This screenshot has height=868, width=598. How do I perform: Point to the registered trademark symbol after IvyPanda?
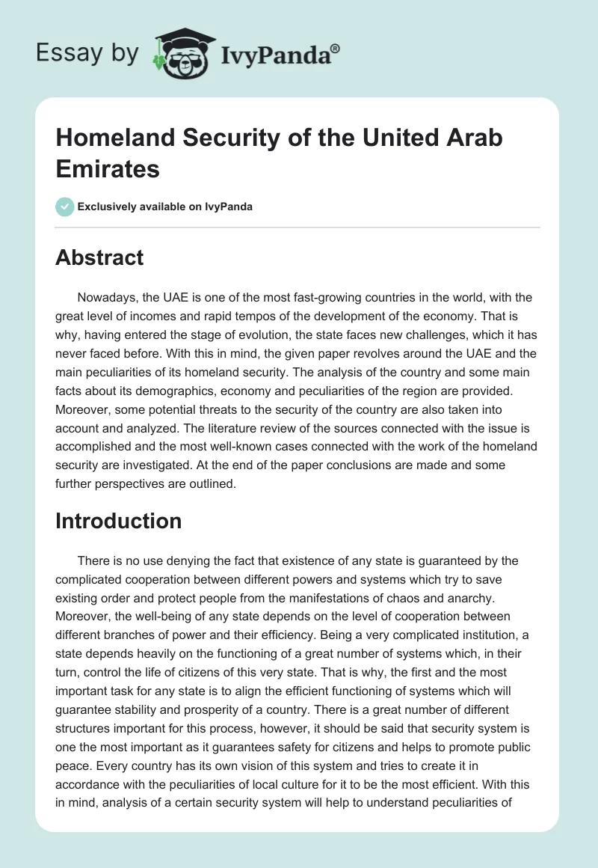[x=336, y=49]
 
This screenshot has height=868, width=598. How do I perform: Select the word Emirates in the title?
[x=108, y=168]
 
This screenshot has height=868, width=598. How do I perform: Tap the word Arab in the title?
[x=471, y=138]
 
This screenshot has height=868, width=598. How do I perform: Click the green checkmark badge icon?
[x=64, y=207]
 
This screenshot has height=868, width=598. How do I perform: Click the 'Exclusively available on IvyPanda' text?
[x=165, y=207]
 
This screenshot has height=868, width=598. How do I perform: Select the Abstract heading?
[x=99, y=258]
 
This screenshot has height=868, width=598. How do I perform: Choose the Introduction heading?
[x=118, y=521]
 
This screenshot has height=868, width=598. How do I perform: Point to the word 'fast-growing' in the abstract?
[x=300, y=298]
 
